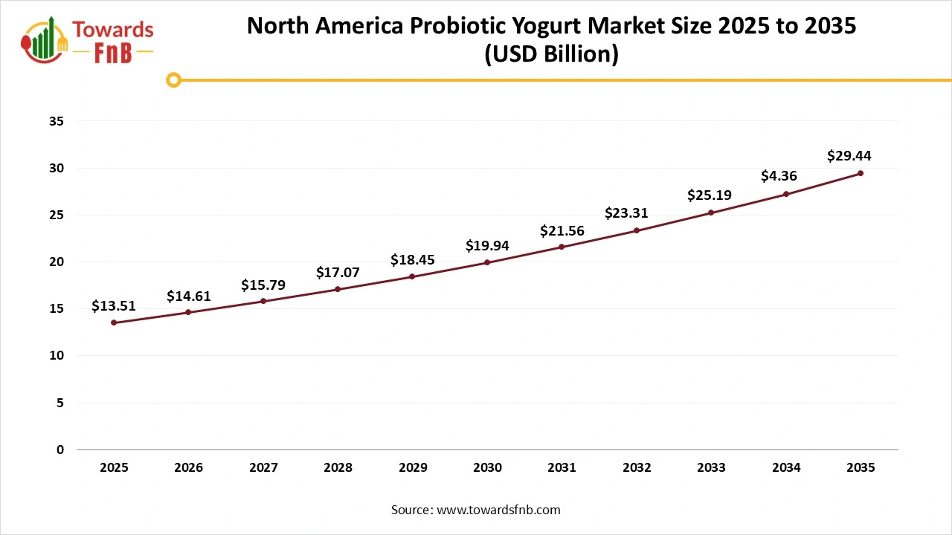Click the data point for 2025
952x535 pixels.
click(x=114, y=322)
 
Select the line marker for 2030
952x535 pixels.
click(x=487, y=262)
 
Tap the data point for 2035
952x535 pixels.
click(x=861, y=173)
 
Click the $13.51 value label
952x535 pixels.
click(x=114, y=305)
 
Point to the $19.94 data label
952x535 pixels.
click(x=487, y=245)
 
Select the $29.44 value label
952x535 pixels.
click(x=849, y=156)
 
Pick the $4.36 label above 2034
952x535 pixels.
click(x=779, y=176)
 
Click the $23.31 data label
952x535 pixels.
click(x=625, y=213)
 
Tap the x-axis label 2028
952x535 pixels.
click(x=338, y=467)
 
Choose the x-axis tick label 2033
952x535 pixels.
click(x=711, y=467)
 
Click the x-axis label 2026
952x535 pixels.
click(x=188, y=467)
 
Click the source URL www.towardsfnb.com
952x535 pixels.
click(x=498, y=510)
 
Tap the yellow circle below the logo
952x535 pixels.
click(x=173, y=80)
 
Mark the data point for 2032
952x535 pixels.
click(x=637, y=230)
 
